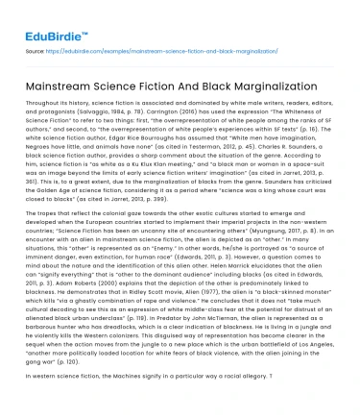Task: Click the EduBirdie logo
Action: [51, 15]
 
